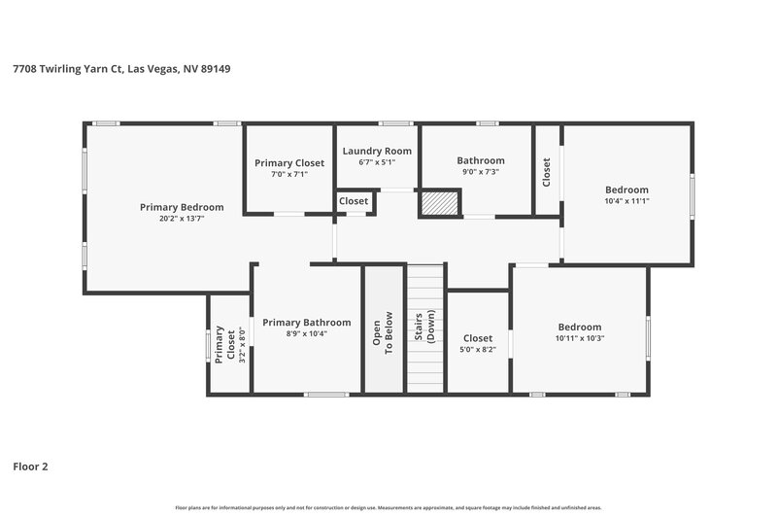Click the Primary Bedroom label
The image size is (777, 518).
[x=182, y=207]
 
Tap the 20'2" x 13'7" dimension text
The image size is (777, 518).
[x=182, y=219]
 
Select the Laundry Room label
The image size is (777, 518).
[x=378, y=151]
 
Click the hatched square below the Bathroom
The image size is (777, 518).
[x=439, y=203]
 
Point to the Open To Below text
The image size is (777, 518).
[x=383, y=330]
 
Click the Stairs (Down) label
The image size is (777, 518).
[x=424, y=330]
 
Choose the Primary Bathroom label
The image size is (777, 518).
[x=306, y=323]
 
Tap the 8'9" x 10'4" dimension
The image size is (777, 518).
[x=306, y=333]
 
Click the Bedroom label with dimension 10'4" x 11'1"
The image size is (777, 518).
[x=626, y=190]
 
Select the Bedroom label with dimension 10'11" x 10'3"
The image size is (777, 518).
[x=579, y=327]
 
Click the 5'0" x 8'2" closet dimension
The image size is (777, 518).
[x=478, y=349]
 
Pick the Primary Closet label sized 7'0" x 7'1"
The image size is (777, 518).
[x=289, y=163]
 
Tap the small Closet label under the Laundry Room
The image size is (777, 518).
[x=354, y=201]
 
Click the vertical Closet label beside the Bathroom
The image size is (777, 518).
[x=547, y=172]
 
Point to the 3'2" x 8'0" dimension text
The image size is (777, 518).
[x=230, y=343]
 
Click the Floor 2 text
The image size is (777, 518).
[x=30, y=466]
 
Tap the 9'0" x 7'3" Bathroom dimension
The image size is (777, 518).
[x=481, y=172]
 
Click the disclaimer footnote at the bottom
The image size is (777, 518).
[x=388, y=507]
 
